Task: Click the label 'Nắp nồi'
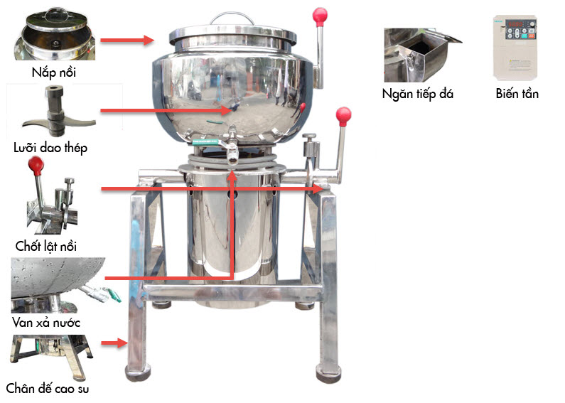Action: (54, 72)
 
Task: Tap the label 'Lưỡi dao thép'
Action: (50, 148)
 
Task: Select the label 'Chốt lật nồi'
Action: (46, 246)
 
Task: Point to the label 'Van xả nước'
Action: (46, 322)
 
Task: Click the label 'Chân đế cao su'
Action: (48, 389)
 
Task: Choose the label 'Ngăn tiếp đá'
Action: (418, 94)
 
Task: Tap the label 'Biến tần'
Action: (517, 94)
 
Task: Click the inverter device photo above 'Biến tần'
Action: (515, 48)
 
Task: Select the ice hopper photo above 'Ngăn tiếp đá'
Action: (422, 55)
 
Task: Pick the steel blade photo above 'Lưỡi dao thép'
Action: (58, 111)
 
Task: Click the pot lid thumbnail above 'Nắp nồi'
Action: (55, 34)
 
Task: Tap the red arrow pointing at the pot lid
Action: (127, 40)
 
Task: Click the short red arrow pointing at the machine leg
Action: (114, 343)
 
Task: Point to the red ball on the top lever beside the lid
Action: (320, 16)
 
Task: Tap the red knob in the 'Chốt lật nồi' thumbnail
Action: (36, 165)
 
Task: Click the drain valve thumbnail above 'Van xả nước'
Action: (65, 285)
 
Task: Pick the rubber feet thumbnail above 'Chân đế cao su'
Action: (53, 358)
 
